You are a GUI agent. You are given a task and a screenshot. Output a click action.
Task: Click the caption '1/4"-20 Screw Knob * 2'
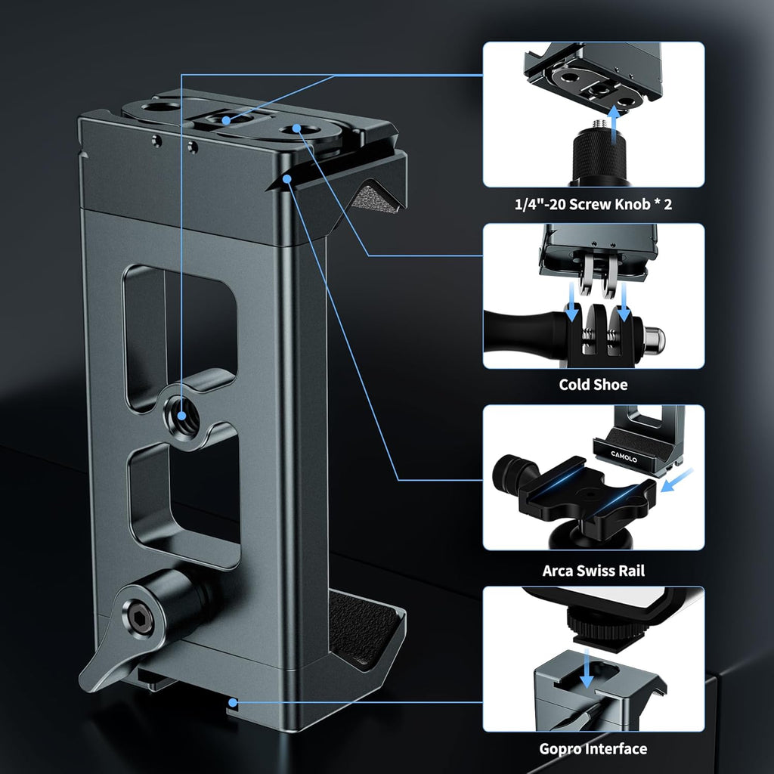[x=593, y=205]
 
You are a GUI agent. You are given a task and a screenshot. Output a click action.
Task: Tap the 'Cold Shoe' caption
[x=593, y=385]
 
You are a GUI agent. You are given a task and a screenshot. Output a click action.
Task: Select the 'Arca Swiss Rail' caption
[x=593, y=570]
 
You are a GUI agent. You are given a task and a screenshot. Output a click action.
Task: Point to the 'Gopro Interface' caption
[x=593, y=749]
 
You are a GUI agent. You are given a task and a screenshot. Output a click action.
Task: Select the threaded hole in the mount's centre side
[x=183, y=413]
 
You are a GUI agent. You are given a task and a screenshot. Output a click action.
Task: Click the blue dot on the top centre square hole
[x=226, y=120]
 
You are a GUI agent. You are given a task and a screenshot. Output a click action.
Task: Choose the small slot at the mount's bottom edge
[x=234, y=704]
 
